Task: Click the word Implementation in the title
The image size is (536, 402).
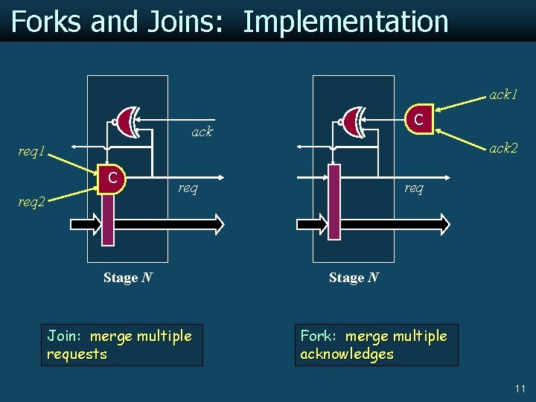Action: click(345, 22)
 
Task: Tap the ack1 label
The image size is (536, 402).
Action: click(503, 95)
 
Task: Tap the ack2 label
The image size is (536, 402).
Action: click(503, 148)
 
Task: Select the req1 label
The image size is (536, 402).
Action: click(32, 152)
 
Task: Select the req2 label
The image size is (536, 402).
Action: click(32, 201)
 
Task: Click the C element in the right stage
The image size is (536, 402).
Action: click(419, 118)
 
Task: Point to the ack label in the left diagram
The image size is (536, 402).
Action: click(202, 132)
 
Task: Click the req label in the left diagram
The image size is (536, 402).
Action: click(188, 188)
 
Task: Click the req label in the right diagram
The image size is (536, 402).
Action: click(414, 188)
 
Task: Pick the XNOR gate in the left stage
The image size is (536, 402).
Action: click(127, 121)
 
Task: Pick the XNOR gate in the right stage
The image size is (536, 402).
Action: click(353, 121)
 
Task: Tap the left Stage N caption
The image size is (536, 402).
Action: click(128, 278)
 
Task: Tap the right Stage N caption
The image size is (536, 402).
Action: click(354, 278)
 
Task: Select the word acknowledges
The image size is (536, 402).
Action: click(346, 354)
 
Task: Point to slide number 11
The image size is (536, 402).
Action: click(520, 389)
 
